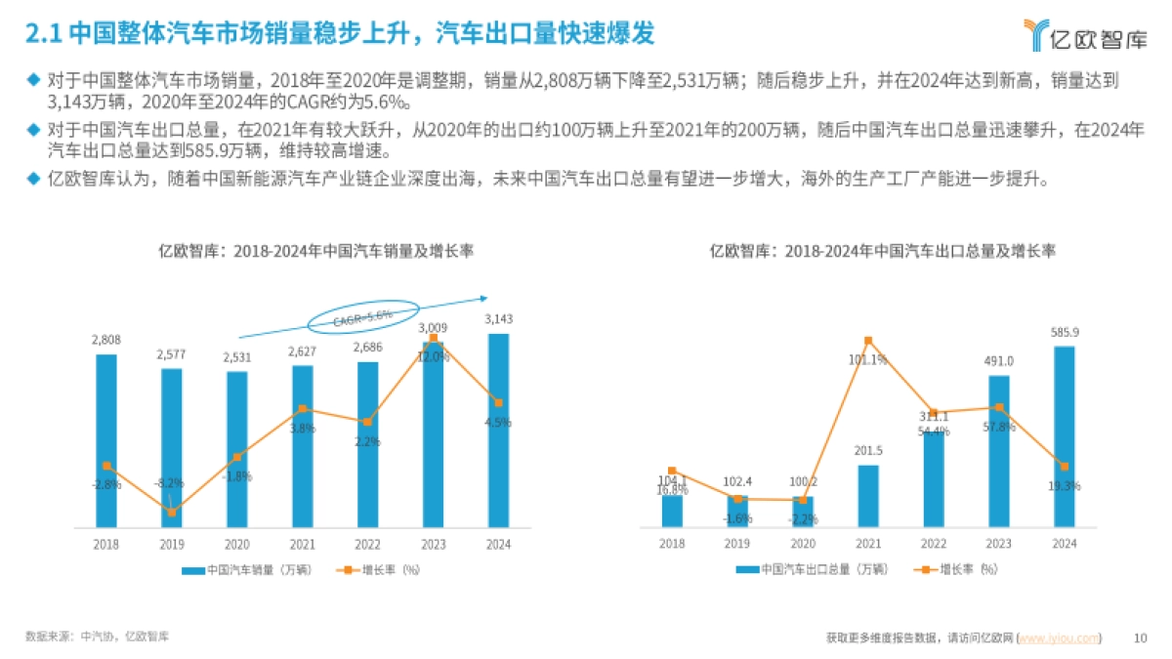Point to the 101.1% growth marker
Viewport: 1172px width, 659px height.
(868, 341)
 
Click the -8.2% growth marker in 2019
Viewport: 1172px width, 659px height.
(172, 512)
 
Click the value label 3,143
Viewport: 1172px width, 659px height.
(498, 318)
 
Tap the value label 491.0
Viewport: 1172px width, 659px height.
(998, 360)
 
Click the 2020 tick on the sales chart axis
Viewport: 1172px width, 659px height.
(237, 545)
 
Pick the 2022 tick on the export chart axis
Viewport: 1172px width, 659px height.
(933, 545)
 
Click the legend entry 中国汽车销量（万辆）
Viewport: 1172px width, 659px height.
(234, 569)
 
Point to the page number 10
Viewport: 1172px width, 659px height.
(1139, 638)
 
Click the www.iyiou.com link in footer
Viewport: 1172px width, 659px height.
(1059, 638)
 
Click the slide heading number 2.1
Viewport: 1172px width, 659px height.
(42, 34)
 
